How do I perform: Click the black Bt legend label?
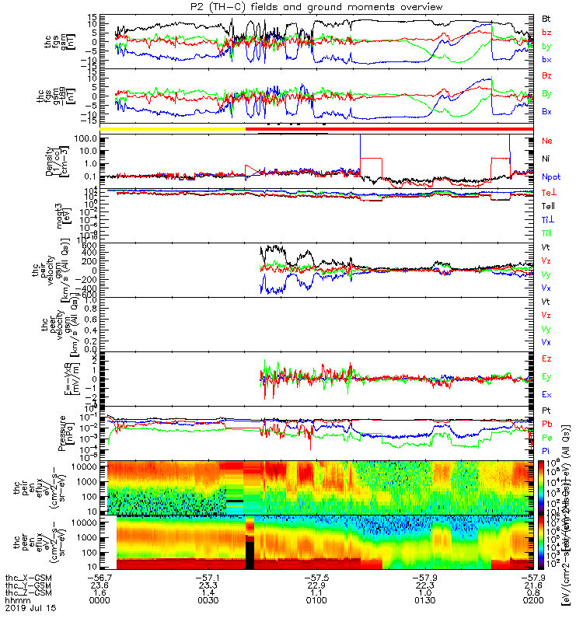point(547,17)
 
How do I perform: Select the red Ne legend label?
point(547,141)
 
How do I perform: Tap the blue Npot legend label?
point(550,176)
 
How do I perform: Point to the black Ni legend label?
point(546,159)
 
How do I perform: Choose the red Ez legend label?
point(547,359)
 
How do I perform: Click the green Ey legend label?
point(547,377)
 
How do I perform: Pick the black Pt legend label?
point(546,410)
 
